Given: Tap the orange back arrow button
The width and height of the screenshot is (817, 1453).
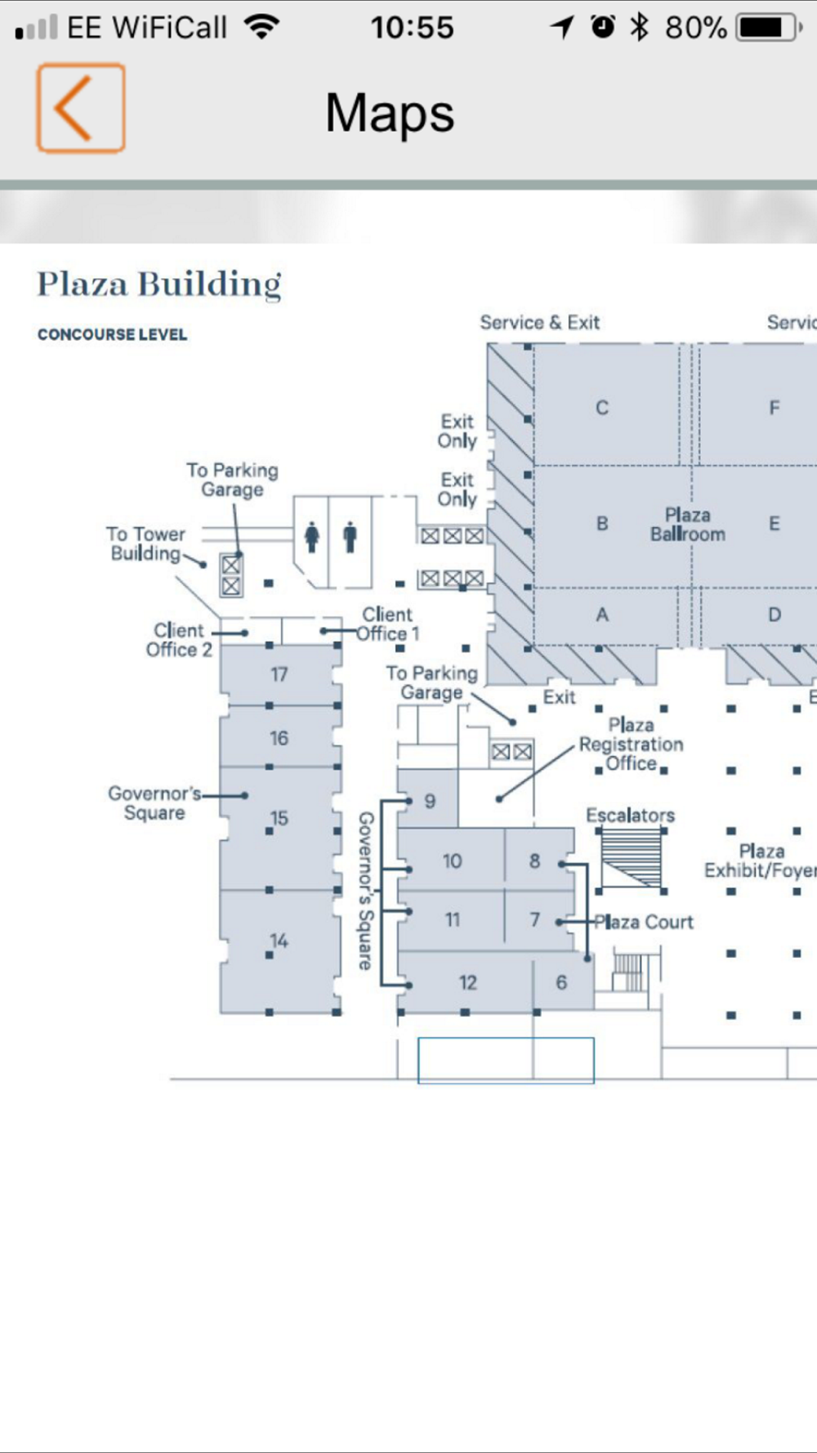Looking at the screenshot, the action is tap(81, 108).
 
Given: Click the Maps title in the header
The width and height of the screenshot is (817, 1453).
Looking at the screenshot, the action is tap(390, 114).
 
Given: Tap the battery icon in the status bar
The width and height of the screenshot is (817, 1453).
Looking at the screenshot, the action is tap(769, 28).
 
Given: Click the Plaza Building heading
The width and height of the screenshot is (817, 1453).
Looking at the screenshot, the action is tap(159, 284).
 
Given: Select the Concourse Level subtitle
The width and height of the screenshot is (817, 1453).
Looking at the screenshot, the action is tap(113, 334).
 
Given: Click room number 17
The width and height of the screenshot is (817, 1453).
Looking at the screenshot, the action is tap(279, 674).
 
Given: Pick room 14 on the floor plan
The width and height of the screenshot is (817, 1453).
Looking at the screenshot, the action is tap(279, 941).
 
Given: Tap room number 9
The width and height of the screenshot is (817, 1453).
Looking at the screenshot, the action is tap(430, 801).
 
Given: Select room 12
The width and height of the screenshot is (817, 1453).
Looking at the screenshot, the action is tap(467, 982).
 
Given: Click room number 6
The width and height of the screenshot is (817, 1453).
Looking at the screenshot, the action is tap(561, 982).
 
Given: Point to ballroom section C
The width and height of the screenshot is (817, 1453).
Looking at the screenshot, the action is tap(602, 408).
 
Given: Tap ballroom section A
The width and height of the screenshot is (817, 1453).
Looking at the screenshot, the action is tap(602, 615).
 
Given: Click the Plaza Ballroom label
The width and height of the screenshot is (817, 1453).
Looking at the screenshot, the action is tap(687, 525).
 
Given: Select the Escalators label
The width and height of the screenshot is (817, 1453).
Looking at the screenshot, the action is tap(631, 815).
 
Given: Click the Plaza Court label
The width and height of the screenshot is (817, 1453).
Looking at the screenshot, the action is tap(644, 922).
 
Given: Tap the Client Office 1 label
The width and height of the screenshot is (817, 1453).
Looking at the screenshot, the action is tap(389, 624).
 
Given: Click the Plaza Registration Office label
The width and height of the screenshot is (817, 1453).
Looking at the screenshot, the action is tap(631, 744).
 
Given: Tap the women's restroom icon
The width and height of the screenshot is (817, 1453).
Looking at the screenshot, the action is tap(311, 538).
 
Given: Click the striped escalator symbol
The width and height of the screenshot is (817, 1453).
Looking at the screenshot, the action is tap(632, 857).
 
